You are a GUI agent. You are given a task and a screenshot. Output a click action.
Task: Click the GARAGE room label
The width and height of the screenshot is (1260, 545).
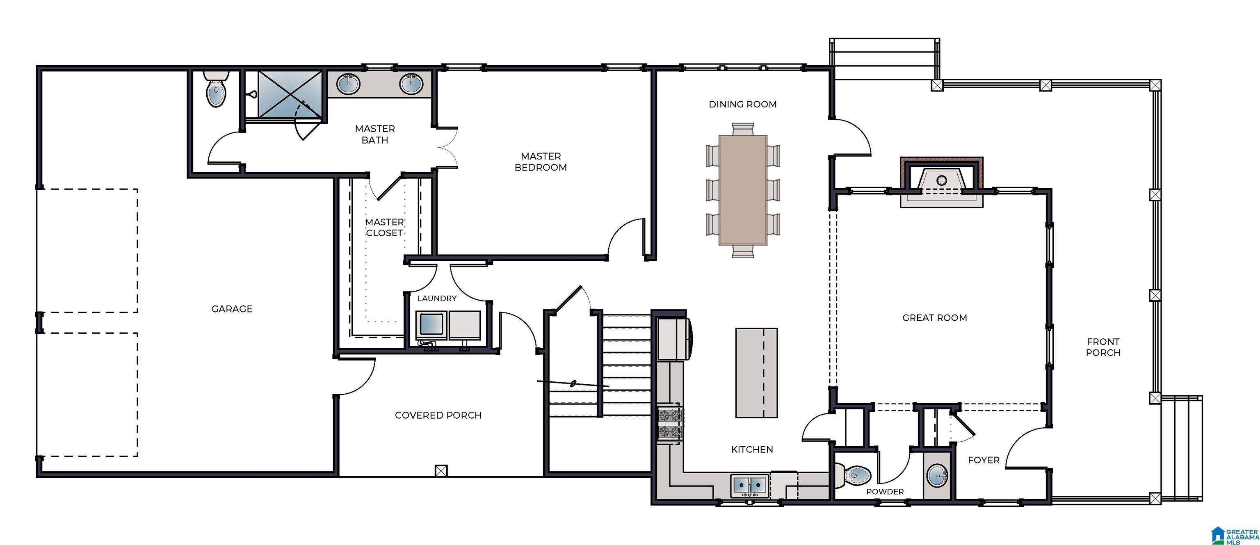click(x=232, y=309)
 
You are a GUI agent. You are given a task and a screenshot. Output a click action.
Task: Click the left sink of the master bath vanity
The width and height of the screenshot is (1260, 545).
click(x=348, y=84)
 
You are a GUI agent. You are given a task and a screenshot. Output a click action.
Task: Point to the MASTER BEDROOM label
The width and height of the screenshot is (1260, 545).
click(x=541, y=162)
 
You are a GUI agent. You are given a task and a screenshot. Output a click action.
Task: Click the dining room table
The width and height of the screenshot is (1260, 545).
click(x=742, y=190)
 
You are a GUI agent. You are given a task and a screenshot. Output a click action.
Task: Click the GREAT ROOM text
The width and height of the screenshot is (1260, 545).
click(x=934, y=317)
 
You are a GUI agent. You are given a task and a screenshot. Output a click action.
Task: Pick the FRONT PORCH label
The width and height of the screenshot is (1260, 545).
click(x=1103, y=347)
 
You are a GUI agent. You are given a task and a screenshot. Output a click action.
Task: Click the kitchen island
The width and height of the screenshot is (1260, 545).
click(x=756, y=373)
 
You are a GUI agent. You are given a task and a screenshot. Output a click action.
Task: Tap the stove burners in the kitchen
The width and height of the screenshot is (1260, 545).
click(x=671, y=424)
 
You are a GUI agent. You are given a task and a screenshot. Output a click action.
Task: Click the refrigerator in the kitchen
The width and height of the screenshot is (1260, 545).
click(x=672, y=339)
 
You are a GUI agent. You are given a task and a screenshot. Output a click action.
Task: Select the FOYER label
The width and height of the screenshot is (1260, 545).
click(x=983, y=460)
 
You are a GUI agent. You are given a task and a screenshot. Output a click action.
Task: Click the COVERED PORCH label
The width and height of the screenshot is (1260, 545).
click(x=438, y=415)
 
